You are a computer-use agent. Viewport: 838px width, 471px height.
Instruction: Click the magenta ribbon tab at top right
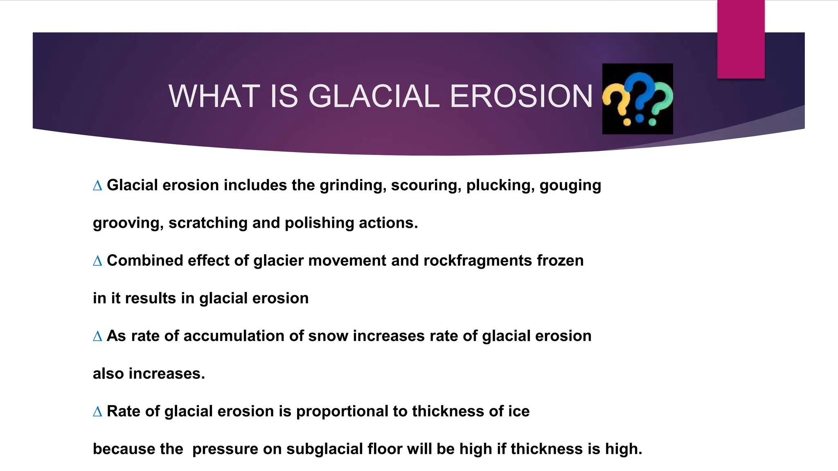pyautogui.click(x=741, y=39)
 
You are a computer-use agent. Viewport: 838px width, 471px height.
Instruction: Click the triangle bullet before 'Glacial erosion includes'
pyautogui.click(x=97, y=186)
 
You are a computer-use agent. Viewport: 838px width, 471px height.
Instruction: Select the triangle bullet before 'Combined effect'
pyautogui.click(x=97, y=261)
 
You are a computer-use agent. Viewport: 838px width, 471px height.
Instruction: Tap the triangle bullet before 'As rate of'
pyautogui.click(x=97, y=336)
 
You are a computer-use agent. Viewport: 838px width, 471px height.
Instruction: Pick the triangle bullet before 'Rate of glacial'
pyautogui.click(x=97, y=412)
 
